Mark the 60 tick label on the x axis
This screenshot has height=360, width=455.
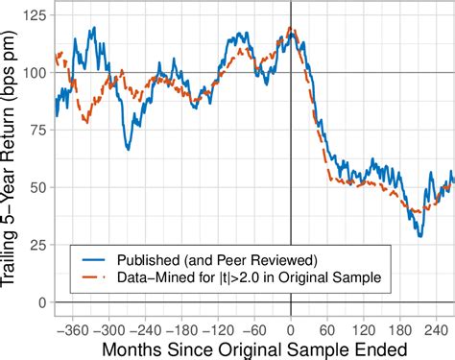329,325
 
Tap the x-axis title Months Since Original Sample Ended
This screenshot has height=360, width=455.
254,347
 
